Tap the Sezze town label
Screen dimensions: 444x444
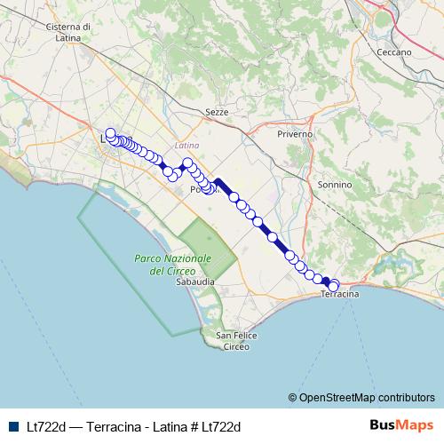[216, 113]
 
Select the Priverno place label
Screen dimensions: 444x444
[295, 133]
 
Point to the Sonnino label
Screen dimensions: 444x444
[334, 185]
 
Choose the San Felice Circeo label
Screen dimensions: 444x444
[236, 340]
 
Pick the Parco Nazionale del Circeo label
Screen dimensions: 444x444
[172, 264]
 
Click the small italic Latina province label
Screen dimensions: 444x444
[187, 145]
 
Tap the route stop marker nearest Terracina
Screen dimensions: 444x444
[334, 286]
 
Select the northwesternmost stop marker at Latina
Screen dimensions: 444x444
[110, 134]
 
